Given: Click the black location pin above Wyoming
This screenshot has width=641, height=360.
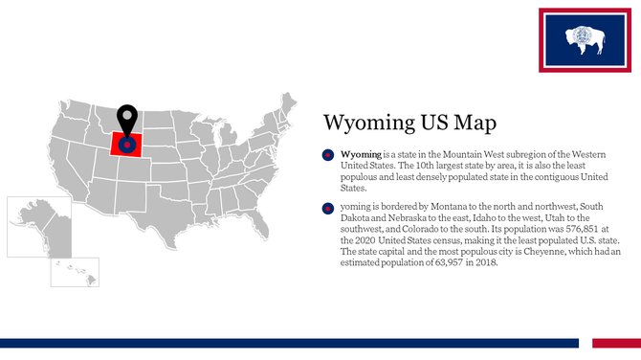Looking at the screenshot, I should tap(126, 120).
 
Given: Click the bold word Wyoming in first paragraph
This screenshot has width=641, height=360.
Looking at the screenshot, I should tap(361, 154).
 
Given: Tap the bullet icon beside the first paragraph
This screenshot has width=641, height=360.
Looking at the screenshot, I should tap(327, 155).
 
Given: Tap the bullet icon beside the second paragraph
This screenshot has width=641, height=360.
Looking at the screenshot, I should tap(327, 207).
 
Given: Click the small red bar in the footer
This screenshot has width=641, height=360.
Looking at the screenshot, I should tap(615, 343).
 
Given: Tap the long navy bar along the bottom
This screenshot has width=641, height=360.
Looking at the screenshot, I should tap(287, 343).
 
